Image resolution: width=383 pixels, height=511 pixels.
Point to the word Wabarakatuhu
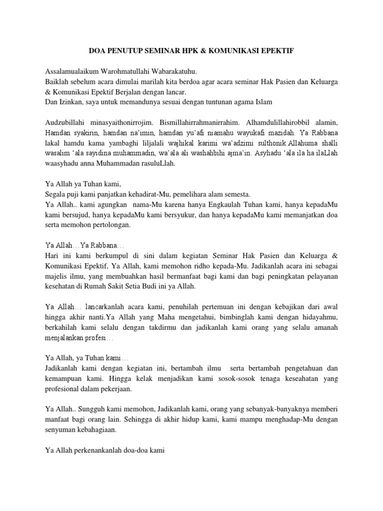[181, 71]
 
